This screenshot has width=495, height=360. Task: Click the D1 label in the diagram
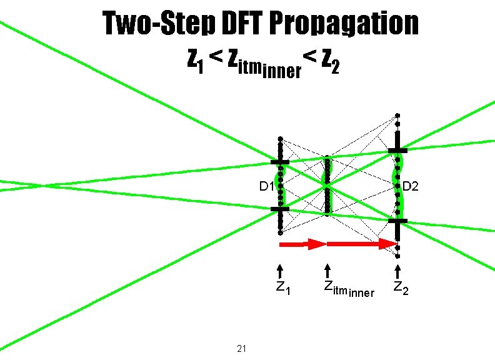[x=267, y=186]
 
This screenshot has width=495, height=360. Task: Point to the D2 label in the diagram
[x=411, y=186]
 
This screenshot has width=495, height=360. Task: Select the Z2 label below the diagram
[x=401, y=288]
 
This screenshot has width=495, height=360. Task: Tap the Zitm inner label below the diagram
[x=348, y=289]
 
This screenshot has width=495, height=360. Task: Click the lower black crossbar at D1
[x=280, y=210]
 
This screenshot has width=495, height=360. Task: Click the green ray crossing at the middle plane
[x=326, y=186]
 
